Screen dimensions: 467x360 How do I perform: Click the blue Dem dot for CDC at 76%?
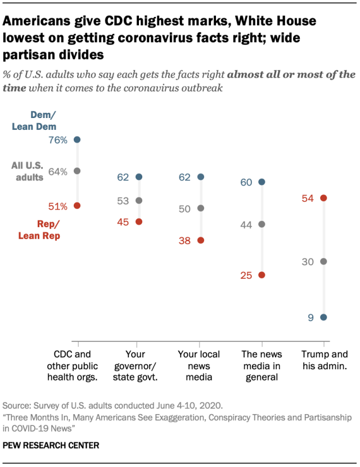click(77, 139)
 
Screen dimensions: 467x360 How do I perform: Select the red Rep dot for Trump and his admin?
click(323, 198)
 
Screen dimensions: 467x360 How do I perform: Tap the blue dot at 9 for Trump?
click(323, 318)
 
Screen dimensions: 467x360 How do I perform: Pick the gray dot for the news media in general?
click(262, 224)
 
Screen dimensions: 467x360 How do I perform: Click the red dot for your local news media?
click(200, 241)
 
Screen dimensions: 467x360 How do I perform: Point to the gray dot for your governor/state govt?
click(139, 201)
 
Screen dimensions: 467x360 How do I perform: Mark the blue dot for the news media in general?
click(262, 182)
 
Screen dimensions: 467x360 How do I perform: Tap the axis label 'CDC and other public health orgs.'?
click(76, 366)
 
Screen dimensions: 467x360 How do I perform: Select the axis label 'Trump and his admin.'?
click(324, 360)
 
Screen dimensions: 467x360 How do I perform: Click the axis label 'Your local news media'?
click(200, 366)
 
